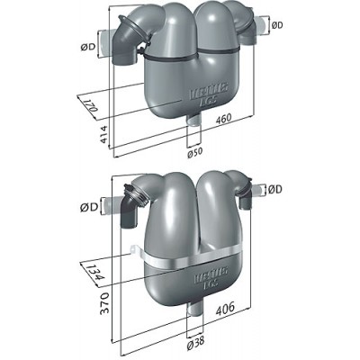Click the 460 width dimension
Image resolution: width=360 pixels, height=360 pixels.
click(223, 118)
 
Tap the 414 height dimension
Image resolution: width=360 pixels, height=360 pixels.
click(103, 134)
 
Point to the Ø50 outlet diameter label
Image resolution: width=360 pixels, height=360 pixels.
click(194, 153)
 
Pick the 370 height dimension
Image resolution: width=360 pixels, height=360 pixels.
click(103, 303)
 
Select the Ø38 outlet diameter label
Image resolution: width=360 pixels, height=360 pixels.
click(195, 341)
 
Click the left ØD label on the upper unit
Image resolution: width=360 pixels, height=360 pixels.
click(87, 47)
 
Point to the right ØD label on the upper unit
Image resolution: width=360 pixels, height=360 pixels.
click(277, 25)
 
